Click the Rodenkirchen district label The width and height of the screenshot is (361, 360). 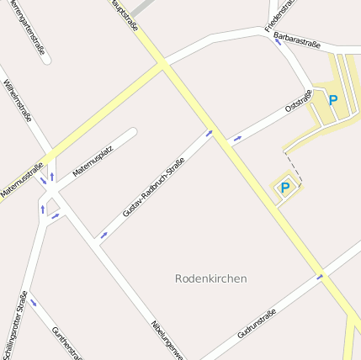pos(211,278)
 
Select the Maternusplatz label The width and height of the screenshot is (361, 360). pos(93,160)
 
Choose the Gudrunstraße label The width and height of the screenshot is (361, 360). pos(257,323)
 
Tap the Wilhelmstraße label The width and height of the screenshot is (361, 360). pos(18,99)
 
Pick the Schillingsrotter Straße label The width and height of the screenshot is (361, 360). pos(14,324)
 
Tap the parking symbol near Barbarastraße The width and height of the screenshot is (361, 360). pos(332,100)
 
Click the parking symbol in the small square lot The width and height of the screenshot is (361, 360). pos(284,188)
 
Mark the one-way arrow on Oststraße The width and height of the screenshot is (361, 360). pos(238,137)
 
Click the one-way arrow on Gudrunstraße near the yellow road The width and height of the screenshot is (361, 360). pos(320,275)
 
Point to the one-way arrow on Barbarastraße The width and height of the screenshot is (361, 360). pos(278,41)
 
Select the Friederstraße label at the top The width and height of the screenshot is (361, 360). pos(280,15)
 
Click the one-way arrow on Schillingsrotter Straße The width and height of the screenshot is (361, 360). pos(34,302)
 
